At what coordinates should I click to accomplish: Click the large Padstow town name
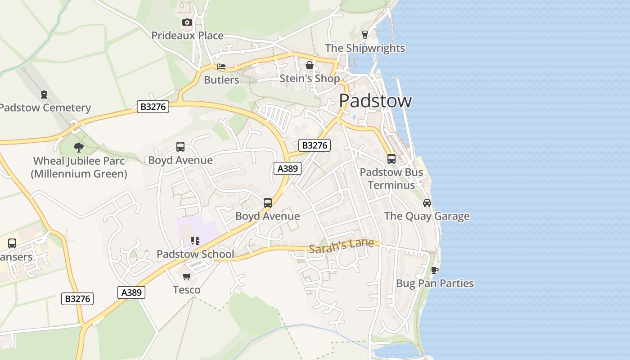point(375,100)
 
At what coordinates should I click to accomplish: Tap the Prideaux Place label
point(187,36)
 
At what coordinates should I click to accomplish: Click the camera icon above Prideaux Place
point(187,22)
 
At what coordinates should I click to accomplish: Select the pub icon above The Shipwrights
point(365,34)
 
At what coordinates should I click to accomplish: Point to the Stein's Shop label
point(310,78)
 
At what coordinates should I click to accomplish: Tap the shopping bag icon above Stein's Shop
point(310,65)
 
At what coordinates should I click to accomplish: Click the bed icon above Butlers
point(221,67)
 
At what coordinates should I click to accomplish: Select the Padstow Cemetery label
point(45,108)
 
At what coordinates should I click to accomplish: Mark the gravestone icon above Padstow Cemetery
point(44,94)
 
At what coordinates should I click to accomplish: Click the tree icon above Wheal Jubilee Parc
point(79,147)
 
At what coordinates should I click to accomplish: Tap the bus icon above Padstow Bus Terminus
point(391,158)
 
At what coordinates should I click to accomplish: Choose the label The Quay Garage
point(427,216)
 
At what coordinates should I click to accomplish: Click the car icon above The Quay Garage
point(427,203)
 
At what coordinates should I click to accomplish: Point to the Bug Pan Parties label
point(435,283)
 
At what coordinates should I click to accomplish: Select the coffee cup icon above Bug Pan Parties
point(434,270)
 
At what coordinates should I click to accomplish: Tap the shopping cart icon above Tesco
point(187,276)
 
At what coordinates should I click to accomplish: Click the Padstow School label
point(195,254)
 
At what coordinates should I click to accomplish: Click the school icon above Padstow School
point(195,241)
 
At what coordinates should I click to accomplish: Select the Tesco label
point(187,290)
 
